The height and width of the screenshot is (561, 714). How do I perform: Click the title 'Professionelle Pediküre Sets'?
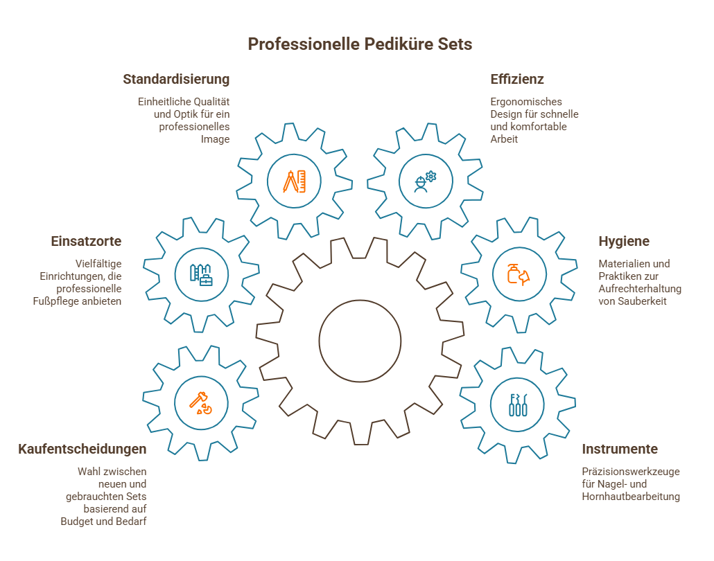360,44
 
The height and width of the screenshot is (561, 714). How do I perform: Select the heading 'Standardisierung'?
176,79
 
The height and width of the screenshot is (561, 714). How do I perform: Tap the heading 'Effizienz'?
517,79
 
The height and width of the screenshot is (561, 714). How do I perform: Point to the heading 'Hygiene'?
624,242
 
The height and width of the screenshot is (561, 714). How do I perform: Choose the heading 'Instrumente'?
620,449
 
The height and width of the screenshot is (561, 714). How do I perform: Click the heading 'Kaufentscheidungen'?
82,449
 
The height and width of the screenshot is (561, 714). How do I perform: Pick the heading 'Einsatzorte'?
87,242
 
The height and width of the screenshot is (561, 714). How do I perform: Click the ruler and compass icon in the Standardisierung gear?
294,181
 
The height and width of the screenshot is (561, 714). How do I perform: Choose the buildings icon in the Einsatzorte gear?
201,274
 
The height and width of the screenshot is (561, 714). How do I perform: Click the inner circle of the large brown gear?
360,339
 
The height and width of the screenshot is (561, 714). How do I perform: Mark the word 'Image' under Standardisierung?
215,139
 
